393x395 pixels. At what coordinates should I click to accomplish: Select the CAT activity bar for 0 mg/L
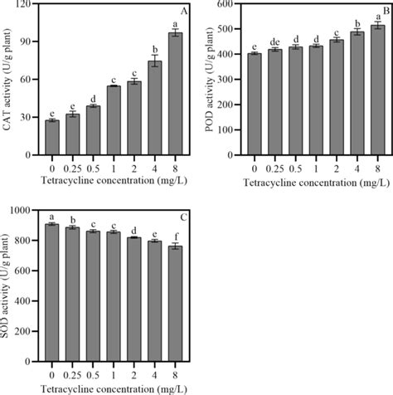52,138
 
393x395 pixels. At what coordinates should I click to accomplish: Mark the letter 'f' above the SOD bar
175,235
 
